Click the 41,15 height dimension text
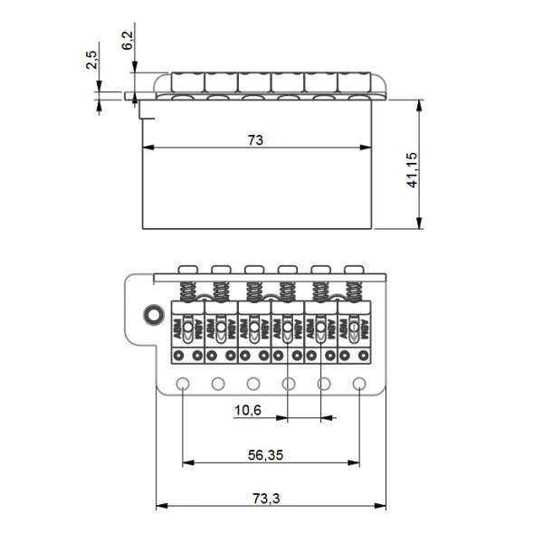[x=413, y=170]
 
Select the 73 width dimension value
[x=255, y=139]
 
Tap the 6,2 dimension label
[x=127, y=40]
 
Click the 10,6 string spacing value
[x=247, y=410]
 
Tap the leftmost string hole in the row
[x=183, y=384]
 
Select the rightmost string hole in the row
[x=359, y=384]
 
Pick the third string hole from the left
[x=253, y=384]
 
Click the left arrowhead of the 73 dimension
[x=147, y=148]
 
